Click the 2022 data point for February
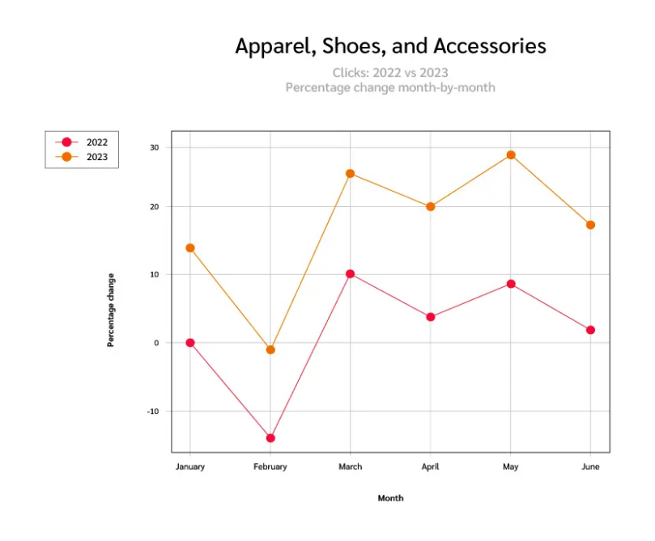270,437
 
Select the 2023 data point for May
511,154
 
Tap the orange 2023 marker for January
190,247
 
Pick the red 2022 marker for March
350,273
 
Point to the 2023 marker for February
270,349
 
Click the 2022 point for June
590,330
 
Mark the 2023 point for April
431,206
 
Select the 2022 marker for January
190,342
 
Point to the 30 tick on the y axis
154,147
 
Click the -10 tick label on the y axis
153,411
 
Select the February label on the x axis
270,467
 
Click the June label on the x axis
590,467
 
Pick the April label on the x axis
431,467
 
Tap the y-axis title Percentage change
111,311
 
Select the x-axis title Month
390,498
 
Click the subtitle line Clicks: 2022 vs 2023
390,73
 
